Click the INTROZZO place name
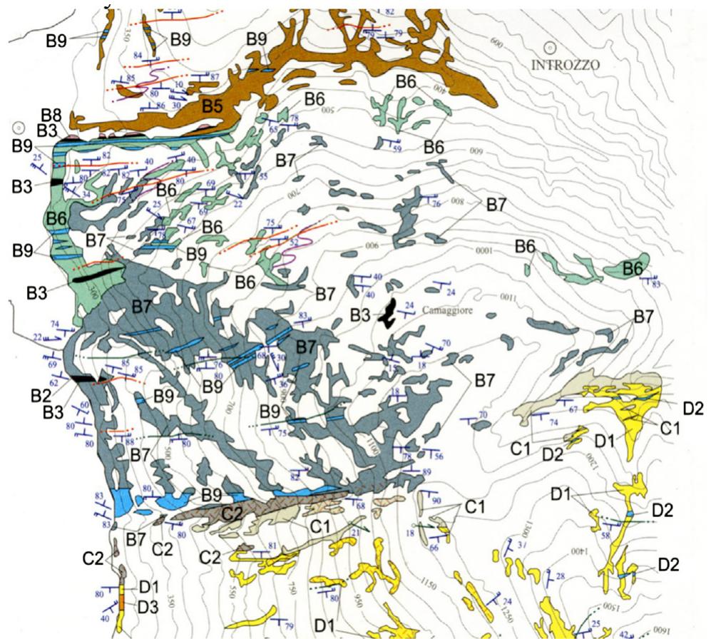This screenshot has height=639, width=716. point(566,65)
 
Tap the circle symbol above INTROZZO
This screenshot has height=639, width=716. point(549,48)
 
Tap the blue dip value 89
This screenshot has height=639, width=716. point(427,472)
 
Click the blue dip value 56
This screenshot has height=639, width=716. point(439,456)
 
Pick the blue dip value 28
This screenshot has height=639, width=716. point(560,576)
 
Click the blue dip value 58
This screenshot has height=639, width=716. point(605,536)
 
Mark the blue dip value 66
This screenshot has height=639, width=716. point(434,548)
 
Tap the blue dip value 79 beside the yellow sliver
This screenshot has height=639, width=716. point(289,626)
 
